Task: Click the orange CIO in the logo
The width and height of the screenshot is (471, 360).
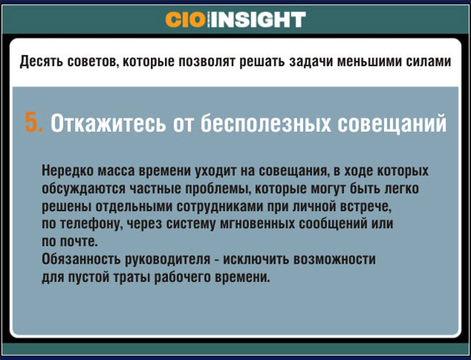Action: point(185,20)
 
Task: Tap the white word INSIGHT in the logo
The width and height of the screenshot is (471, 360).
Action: point(258,20)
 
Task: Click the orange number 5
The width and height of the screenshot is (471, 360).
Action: point(34,123)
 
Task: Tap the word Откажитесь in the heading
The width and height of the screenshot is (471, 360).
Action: point(108,123)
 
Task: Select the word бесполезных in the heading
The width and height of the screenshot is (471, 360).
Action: point(266,123)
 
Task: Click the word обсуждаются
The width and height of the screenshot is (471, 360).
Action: point(83,188)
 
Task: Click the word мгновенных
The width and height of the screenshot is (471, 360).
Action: point(257,224)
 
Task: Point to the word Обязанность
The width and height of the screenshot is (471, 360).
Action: point(81,259)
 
